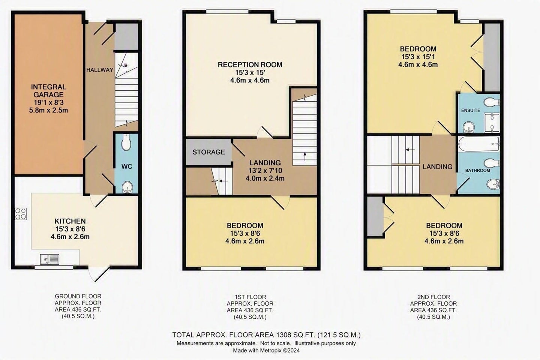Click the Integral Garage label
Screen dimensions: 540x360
pyautogui.click(x=48, y=91)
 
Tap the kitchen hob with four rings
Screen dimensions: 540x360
pyautogui.click(x=21, y=214)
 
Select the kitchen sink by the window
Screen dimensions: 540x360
pyautogui.click(x=49, y=259)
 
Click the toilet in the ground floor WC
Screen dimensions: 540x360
pyautogui.click(x=126, y=142)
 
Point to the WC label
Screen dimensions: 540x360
pyautogui.click(x=127, y=166)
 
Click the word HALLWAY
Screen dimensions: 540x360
pyautogui.click(x=100, y=70)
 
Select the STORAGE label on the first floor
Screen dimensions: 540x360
pyautogui.click(x=208, y=152)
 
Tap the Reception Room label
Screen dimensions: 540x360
pyautogui.click(x=250, y=64)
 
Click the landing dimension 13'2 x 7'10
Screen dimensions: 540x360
pyautogui.click(x=265, y=171)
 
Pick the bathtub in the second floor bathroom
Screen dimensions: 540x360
pyautogui.click(x=479, y=144)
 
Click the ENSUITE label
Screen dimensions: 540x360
pyautogui.click(x=471, y=110)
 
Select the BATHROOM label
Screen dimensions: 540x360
pyautogui.click(x=478, y=171)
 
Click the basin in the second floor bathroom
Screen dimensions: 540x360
pyautogui.click(x=493, y=185)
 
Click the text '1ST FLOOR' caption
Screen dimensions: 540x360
pyautogui.click(x=250, y=297)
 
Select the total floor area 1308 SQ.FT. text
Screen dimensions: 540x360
pyautogui.click(x=266, y=335)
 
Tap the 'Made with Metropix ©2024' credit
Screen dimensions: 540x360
pyautogui.click(x=266, y=350)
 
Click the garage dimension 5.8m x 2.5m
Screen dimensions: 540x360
pyautogui.click(x=48, y=110)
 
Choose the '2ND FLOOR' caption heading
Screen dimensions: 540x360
pyautogui.click(x=433, y=297)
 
